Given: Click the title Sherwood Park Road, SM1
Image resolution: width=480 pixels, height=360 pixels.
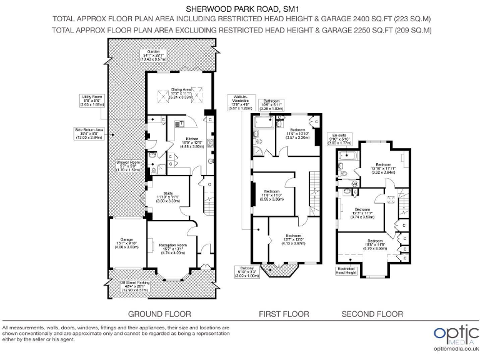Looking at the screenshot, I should [240, 9].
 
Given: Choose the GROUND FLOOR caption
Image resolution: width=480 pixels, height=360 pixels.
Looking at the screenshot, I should [159, 314].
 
